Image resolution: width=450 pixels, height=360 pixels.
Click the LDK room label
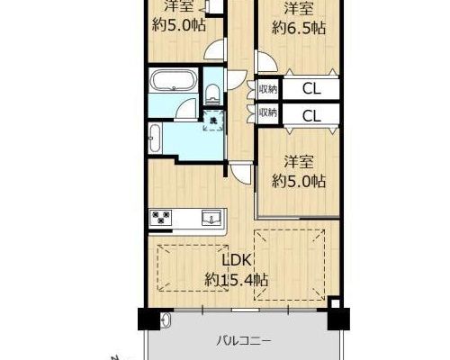[236, 260]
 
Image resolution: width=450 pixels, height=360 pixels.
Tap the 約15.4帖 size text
[236, 281]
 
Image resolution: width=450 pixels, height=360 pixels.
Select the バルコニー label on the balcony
[244, 341]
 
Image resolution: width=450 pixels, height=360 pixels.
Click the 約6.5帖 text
[299, 28]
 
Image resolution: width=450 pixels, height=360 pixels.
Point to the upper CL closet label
[311, 89]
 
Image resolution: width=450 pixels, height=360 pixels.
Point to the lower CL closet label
[311, 116]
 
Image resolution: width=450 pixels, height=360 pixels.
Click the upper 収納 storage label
[268, 89]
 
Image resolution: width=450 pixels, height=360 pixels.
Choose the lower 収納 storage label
[268, 112]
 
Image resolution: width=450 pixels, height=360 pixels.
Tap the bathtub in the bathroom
[174, 80]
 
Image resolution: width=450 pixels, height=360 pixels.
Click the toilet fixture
[212, 93]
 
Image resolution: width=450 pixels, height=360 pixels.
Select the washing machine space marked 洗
[213, 121]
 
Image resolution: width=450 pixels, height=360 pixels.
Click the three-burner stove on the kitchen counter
[162, 217]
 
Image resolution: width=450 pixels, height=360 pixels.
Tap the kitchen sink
[212, 217]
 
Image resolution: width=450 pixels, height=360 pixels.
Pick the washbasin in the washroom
[155, 139]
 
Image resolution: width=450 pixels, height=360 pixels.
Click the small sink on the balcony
[166, 320]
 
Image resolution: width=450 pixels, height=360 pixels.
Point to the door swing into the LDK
[240, 174]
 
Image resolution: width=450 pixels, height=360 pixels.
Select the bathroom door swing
[186, 110]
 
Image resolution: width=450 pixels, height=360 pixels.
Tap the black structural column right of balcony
[338, 319]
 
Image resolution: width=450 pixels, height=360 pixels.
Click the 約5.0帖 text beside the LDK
[299, 181]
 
